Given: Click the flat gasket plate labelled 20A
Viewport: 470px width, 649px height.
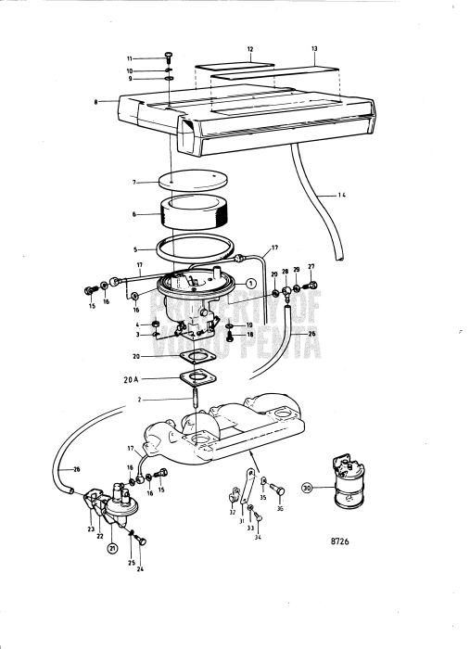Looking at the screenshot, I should [197, 377].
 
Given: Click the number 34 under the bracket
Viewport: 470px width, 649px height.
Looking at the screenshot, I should [257, 537].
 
